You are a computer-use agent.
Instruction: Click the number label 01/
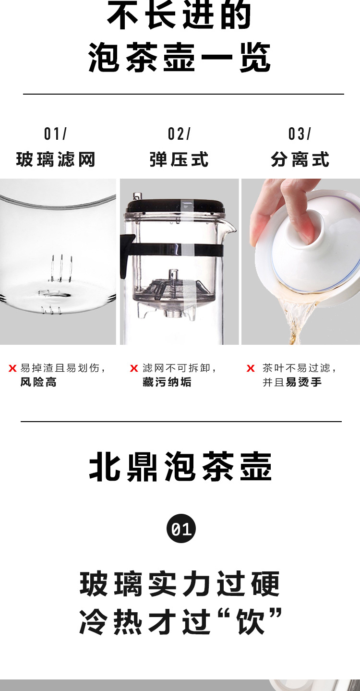tap(55, 134)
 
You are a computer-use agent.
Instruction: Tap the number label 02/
tap(179, 134)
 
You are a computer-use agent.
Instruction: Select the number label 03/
tap(300, 134)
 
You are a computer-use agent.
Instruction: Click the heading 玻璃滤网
tap(56, 159)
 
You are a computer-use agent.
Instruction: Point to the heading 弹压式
tap(179, 159)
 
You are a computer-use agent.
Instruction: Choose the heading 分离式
tap(300, 159)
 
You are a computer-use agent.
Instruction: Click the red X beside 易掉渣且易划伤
tap(12, 368)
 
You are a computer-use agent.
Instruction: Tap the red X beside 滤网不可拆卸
tap(134, 368)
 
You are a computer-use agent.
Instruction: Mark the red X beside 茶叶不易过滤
tap(251, 368)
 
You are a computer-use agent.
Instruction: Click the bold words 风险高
tap(38, 383)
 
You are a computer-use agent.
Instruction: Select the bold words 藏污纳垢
tap(167, 383)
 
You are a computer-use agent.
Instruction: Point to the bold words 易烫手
tap(303, 383)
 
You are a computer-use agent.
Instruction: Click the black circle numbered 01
tap(181, 528)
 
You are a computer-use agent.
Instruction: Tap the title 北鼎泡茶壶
tap(180, 467)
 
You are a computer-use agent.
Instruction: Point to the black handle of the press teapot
tap(126, 255)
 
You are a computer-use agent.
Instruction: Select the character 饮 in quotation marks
tap(250, 621)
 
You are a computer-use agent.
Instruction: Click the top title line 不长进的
tap(179, 15)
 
